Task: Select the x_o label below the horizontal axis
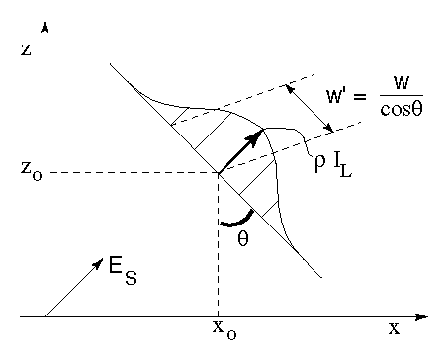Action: tap(220, 335)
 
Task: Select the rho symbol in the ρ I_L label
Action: tap(319, 162)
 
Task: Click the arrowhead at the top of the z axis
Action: tap(45, 23)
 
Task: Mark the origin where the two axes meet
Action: tap(45, 316)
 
